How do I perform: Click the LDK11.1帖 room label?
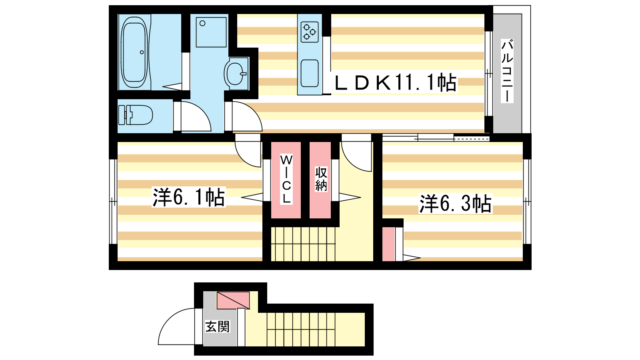pos(395,82)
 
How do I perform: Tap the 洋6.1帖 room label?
pos(188,197)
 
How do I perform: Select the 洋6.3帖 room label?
pos(455,204)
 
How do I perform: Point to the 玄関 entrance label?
pos(218,326)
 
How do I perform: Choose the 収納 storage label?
pos(321,179)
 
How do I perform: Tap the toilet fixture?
pos(136,115)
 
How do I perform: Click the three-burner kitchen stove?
pos(310,32)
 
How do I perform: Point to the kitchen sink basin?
pos(310,73)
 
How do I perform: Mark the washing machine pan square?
pos(211,32)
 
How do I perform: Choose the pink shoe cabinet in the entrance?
pos(233,300)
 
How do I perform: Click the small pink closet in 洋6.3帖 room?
pos(388,244)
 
